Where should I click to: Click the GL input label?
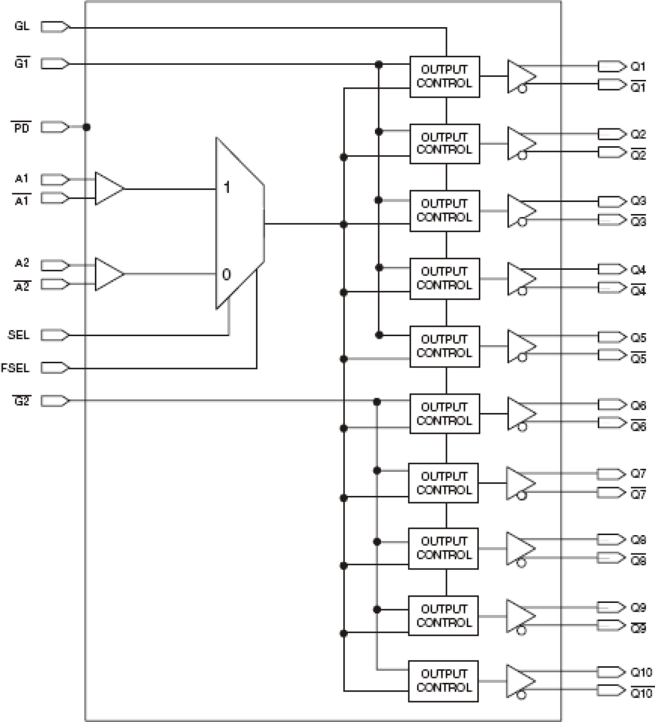point(22,26)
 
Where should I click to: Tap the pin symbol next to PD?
point(54,127)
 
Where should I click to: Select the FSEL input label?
point(15,368)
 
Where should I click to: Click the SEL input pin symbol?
point(54,335)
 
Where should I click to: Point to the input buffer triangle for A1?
point(108,188)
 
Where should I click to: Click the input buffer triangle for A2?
point(108,274)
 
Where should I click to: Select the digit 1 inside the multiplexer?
point(227,187)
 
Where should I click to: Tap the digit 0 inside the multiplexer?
point(226,275)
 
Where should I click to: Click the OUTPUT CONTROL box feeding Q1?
point(444,77)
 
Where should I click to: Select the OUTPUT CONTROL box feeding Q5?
point(444,346)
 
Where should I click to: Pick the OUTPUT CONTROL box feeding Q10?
point(443,681)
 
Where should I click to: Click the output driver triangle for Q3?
point(520,210)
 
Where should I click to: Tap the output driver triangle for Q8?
point(519,548)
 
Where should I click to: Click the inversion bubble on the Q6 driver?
point(522,427)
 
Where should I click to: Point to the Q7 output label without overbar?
point(638,474)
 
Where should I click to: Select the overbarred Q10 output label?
point(641,693)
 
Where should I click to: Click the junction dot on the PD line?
point(87,127)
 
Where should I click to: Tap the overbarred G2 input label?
point(22,401)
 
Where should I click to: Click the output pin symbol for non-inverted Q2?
point(611,134)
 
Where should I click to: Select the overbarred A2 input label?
point(22,287)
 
